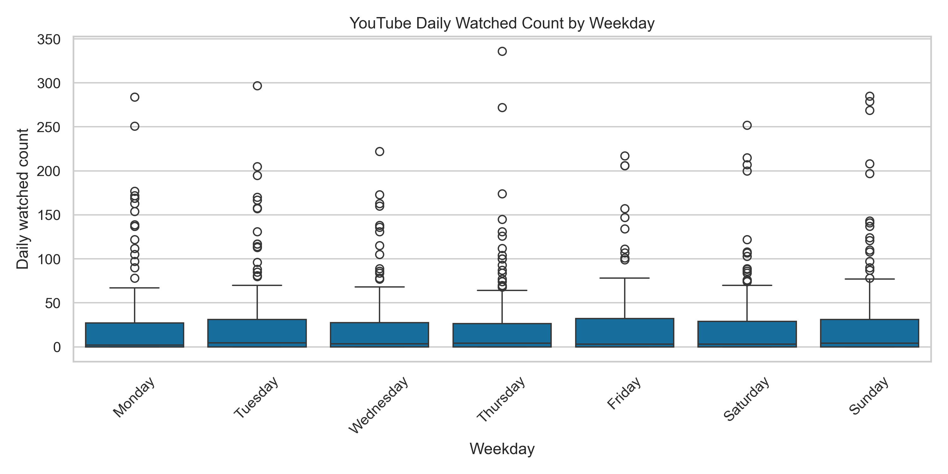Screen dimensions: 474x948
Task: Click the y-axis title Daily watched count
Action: click(23, 199)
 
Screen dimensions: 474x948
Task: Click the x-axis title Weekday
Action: click(502, 449)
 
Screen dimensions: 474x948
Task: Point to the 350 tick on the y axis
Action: click(49, 40)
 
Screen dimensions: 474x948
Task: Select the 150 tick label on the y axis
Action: click(49, 215)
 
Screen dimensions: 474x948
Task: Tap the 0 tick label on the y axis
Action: click(57, 347)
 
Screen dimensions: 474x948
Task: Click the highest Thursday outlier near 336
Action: click(502, 51)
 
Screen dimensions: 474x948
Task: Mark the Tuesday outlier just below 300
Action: click(257, 86)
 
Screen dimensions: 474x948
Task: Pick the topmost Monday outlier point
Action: click(135, 97)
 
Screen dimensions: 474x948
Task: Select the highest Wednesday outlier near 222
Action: click(380, 152)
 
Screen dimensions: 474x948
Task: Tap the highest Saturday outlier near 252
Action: click(747, 125)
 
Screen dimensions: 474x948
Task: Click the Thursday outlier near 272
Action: click(502, 107)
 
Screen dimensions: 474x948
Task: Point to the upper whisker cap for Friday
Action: click(624, 278)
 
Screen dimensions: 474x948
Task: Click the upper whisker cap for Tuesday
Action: click(257, 285)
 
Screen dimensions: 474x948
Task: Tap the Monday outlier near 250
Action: click(135, 126)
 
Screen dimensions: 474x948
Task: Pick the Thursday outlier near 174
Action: click(502, 194)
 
